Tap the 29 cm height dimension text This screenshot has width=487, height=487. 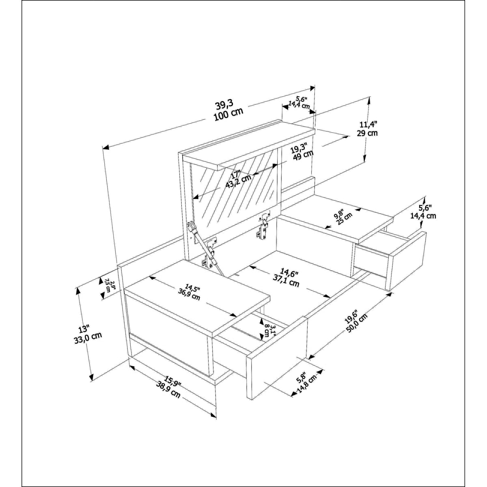click(x=367, y=133)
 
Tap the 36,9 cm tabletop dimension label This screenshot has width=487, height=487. click(x=189, y=295)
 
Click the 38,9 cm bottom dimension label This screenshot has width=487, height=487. click(x=168, y=393)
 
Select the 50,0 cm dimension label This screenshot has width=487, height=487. click(x=357, y=325)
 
